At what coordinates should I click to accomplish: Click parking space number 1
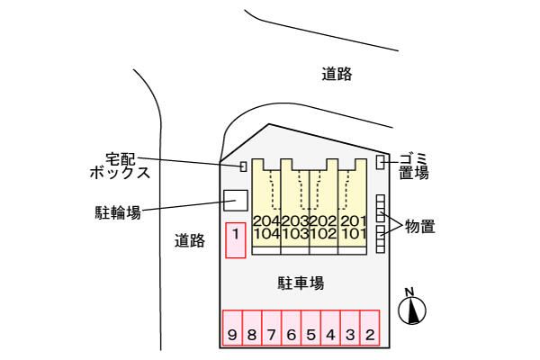(x=235, y=240)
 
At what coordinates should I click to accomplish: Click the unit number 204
(x=266, y=221)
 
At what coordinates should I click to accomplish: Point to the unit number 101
(x=354, y=233)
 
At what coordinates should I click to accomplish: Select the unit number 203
(x=295, y=221)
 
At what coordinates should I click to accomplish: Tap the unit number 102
(x=325, y=233)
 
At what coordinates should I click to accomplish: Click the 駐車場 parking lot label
(x=301, y=283)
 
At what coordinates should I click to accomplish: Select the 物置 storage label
(x=419, y=226)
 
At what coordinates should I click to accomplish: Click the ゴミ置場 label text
(x=413, y=166)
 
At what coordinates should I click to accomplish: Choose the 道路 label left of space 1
(x=190, y=240)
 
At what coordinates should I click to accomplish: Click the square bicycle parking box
(x=236, y=200)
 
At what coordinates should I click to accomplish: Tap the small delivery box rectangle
(x=243, y=166)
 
